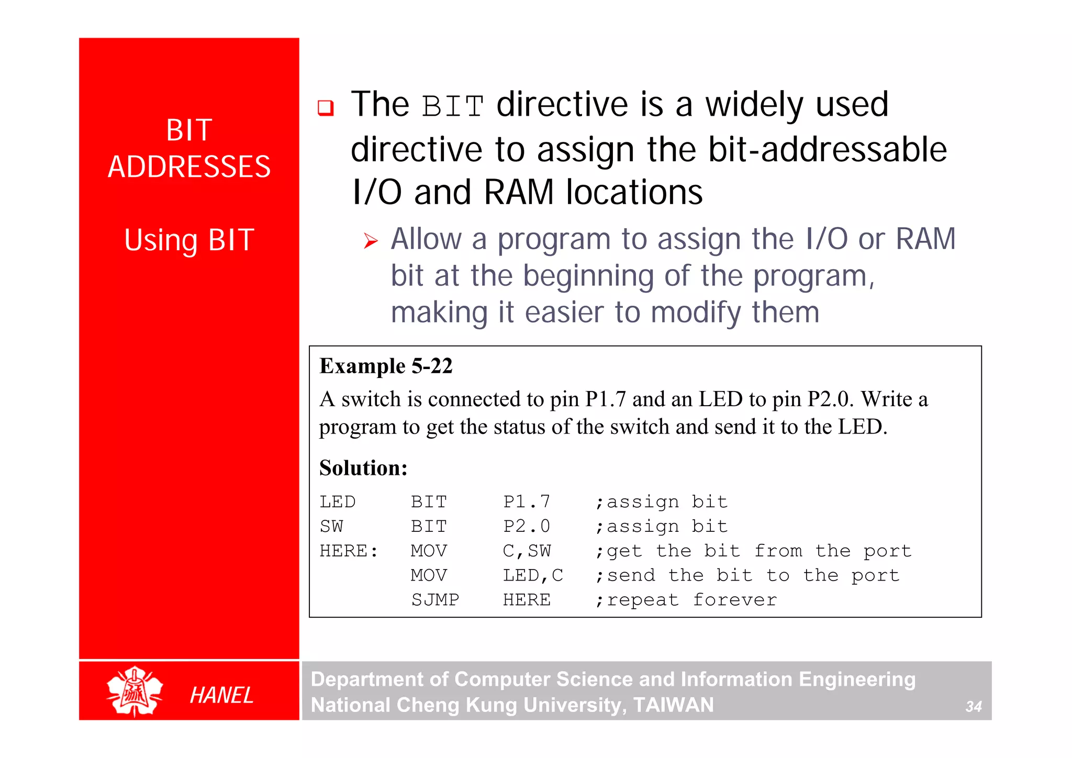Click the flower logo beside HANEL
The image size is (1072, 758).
(135, 691)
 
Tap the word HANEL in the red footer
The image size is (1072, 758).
(221, 695)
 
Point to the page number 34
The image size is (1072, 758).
(973, 707)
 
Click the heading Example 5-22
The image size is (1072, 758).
(386, 366)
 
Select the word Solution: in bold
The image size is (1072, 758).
(363, 467)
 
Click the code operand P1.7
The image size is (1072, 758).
(526, 501)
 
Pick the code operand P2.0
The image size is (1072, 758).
(526, 526)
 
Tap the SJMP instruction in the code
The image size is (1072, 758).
(435, 599)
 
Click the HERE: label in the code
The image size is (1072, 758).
(349, 551)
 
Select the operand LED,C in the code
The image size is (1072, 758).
(532, 575)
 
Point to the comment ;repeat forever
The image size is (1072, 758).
(686, 599)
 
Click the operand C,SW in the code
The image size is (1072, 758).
(526, 551)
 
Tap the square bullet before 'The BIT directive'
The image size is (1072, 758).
(326, 108)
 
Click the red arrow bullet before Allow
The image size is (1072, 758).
(371, 241)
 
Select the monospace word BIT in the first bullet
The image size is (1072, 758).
(453, 106)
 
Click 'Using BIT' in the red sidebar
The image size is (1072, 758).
(189, 240)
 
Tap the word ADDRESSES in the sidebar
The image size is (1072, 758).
(189, 167)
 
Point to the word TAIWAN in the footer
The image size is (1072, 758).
(673, 705)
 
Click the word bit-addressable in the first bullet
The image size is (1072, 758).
(827, 150)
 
